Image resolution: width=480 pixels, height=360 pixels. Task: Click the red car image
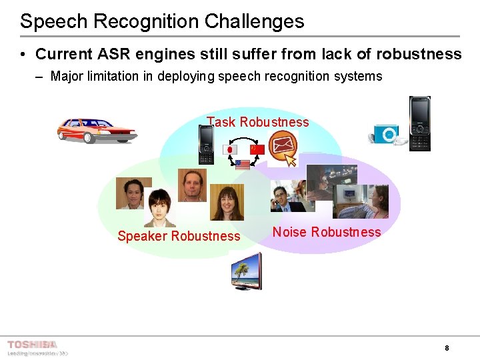(96, 129)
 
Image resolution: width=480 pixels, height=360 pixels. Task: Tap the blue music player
(386, 135)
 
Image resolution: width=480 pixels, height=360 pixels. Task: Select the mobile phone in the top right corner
(419, 123)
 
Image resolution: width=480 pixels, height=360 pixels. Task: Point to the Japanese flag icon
(229, 149)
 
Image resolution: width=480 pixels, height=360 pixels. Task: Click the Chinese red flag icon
(257, 149)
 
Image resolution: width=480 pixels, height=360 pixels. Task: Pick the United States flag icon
(243, 164)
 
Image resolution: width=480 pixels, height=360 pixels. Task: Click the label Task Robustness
(258, 122)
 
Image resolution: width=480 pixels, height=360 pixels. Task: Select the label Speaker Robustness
(179, 236)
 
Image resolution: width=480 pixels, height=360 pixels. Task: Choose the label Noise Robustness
(327, 232)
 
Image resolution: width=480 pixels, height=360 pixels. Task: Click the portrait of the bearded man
(193, 185)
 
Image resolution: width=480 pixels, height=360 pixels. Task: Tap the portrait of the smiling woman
(227, 202)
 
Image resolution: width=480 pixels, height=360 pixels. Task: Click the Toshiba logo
(32, 345)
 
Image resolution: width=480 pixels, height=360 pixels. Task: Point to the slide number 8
(446, 348)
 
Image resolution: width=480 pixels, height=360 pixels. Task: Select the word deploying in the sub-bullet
(184, 76)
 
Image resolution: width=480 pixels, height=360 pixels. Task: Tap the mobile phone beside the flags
(206, 145)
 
